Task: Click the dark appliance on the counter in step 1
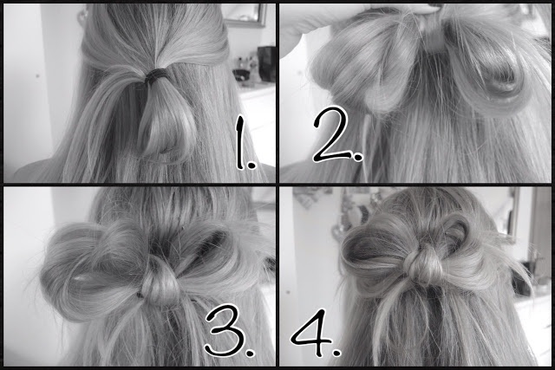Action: pos(266,63)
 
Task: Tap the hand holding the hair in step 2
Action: pos(304,22)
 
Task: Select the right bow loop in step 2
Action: pos(490,65)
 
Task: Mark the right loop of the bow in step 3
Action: pos(221,256)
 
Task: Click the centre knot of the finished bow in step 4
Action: pos(426,260)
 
